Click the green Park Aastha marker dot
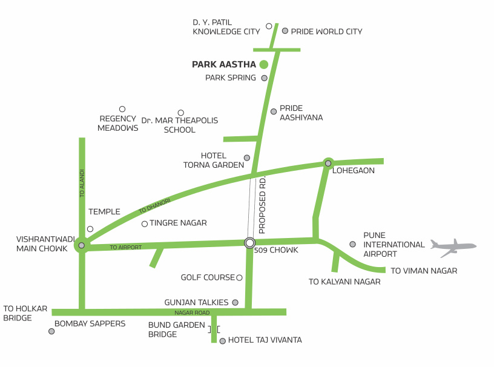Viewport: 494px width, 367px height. click(x=263, y=64)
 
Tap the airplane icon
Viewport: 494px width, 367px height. click(x=453, y=245)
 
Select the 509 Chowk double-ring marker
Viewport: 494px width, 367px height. click(x=249, y=243)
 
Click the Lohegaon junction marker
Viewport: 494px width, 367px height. click(x=328, y=163)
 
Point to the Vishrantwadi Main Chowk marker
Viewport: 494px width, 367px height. click(x=82, y=245)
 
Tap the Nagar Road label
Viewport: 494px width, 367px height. click(x=192, y=312)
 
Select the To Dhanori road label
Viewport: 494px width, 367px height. click(x=155, y=205)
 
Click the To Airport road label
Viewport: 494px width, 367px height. click(x=126, y=247)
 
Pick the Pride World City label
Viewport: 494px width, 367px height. click(x=326, y=31)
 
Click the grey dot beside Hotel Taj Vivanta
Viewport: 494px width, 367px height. click(x=222, y=341)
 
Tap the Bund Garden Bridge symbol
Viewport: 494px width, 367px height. click(x=214, y=329)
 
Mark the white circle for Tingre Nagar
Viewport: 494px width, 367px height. click(x=145, y=224)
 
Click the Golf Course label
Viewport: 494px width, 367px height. click(x=208, y=277)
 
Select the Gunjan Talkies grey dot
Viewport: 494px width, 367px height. click(x=235, y=302)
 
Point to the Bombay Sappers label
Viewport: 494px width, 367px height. click(x=90, y=323)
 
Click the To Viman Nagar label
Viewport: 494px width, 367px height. click(x=424, y=271)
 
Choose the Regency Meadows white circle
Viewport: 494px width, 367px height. click(x=122, y=109)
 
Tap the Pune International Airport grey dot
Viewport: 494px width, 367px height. click(x=352, y=244)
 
